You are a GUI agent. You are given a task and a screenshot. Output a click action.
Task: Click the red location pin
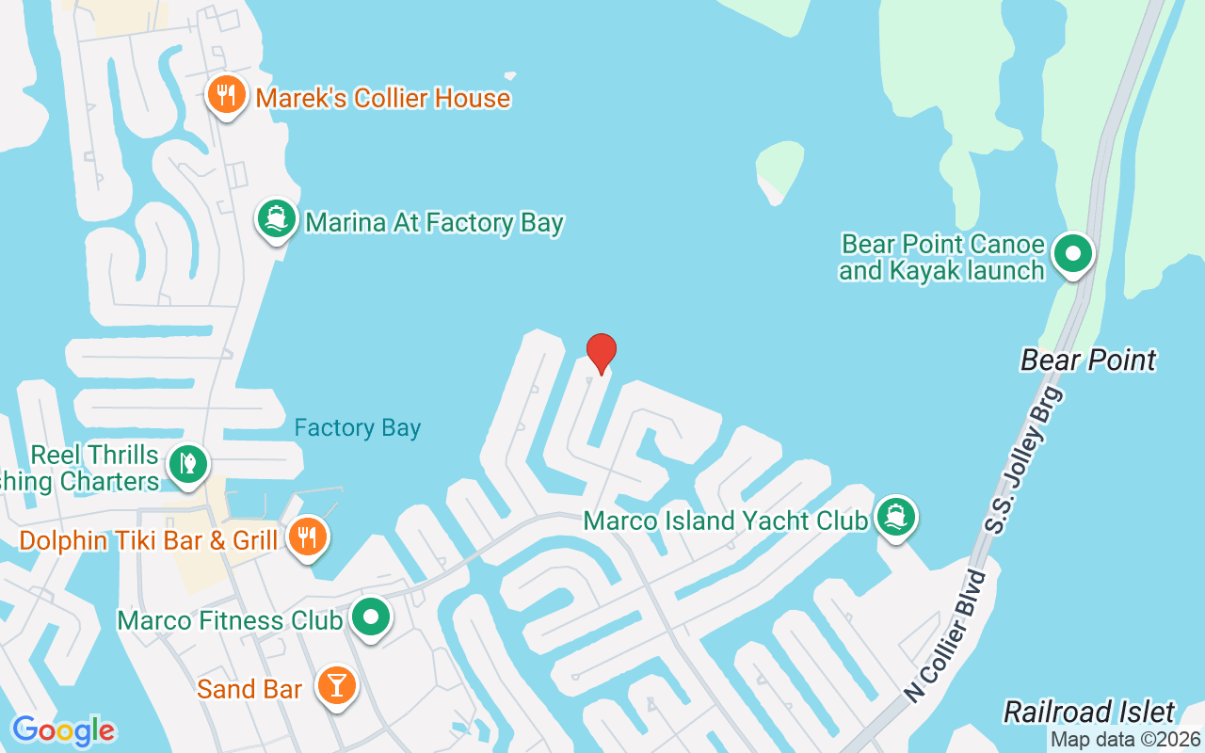click(601, 352)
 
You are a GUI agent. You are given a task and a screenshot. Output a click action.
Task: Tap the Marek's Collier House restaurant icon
click(226, 95)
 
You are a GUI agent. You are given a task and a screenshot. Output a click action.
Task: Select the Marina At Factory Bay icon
click(276, 219)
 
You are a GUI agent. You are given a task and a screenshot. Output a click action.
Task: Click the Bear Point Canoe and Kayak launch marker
click(1072, 253)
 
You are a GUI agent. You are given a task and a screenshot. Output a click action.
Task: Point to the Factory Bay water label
click(357, 428)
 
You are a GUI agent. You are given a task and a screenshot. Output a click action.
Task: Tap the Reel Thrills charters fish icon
click(188, 464)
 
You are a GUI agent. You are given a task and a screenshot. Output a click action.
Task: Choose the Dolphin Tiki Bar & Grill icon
click(306, 537)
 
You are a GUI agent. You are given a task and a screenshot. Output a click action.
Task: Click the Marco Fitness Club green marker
click(371, 618)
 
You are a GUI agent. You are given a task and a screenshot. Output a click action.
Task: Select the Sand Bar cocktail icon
click(336, 686)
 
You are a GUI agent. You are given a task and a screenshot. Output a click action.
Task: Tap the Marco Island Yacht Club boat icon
click(895, 517)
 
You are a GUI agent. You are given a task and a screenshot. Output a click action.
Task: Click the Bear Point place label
click(1088, 360)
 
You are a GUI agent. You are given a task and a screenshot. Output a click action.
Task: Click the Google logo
click(63, 730)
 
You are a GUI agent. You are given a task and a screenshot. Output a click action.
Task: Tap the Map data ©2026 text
click(1125, 740)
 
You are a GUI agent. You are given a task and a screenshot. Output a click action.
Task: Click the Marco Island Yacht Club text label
click(725, 521)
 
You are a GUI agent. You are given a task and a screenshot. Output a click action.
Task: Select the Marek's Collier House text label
click(382, 98)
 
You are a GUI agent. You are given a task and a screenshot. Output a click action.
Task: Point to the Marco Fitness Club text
click(229, 621)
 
